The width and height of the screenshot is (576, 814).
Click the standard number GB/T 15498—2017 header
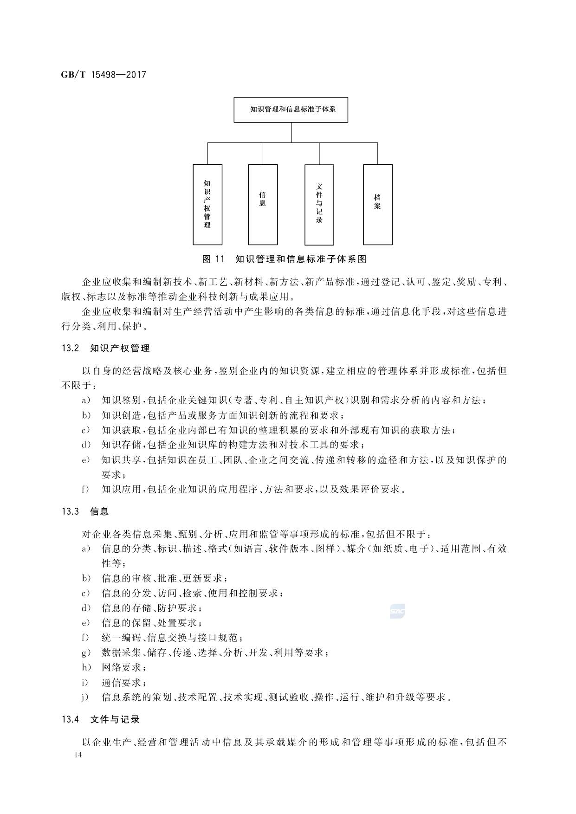tap(104, 75)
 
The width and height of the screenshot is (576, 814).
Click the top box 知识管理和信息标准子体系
tap(291, 110)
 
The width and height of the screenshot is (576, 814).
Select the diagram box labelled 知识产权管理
tap(207, 204)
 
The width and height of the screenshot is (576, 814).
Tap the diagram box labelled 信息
tap(263, 204)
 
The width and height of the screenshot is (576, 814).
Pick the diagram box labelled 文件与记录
tap(319, 204)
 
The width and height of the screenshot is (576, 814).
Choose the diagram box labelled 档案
tap(377, 204)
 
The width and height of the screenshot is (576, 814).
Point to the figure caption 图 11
tap(213, 258)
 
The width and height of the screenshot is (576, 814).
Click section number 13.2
tap(71, 348)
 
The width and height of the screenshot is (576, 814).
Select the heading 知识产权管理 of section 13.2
tap(120, 348)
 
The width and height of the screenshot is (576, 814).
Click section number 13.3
tap(71, 512)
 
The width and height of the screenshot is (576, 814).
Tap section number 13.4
tap(71, 719)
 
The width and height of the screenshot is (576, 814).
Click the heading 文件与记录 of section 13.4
tap(115, 719)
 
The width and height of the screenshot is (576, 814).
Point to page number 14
tap(77, 755)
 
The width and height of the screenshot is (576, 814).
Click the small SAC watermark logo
tap(397, 612)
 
